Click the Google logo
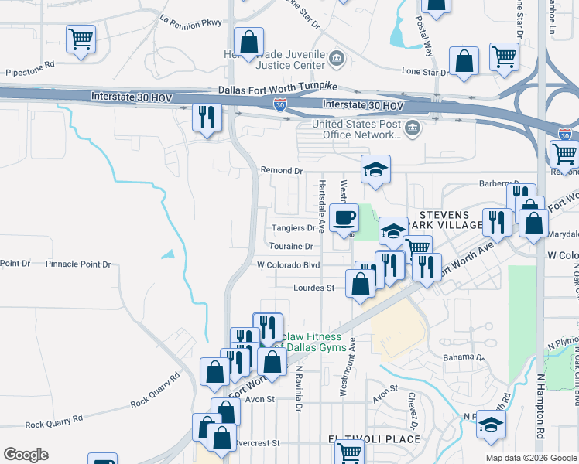[26, 455]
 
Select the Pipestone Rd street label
[28, 65]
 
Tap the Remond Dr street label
[281, 170]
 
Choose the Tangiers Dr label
[294, 228]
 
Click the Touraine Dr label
[291, 247]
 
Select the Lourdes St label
[313, 288]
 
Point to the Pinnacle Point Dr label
[79, 264]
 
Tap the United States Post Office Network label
[357, 129]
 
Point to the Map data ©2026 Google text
[530, 458]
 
